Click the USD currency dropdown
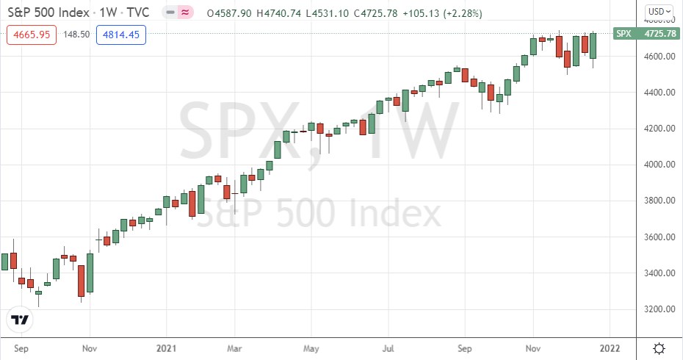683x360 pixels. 657,11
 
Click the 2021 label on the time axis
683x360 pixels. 168,347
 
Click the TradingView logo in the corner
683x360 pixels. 20,320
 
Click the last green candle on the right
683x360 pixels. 593,46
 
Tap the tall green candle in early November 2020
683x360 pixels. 90,273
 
